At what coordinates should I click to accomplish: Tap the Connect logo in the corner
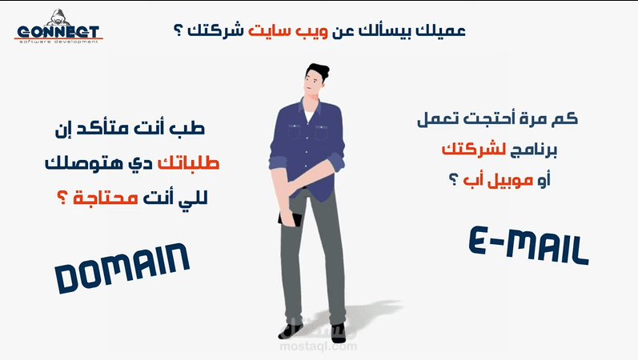(x=58, y=33)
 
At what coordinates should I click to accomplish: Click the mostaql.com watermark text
(x=319, y=346)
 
